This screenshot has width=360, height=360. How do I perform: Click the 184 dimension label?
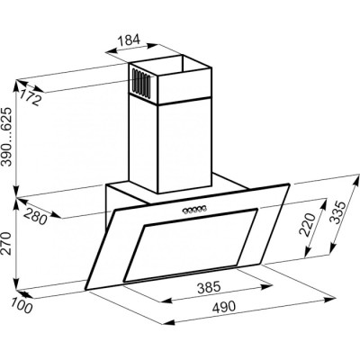coord(129,40)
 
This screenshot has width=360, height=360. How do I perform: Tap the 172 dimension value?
coord(30,97)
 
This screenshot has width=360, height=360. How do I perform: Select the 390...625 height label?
coord(6,137)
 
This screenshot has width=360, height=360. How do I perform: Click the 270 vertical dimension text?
coord(6,243)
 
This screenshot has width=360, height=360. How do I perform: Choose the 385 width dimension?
coord(209,288)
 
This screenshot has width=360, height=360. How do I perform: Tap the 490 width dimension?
coord(224,306)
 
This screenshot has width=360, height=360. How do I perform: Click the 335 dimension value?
coord(337,212)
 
